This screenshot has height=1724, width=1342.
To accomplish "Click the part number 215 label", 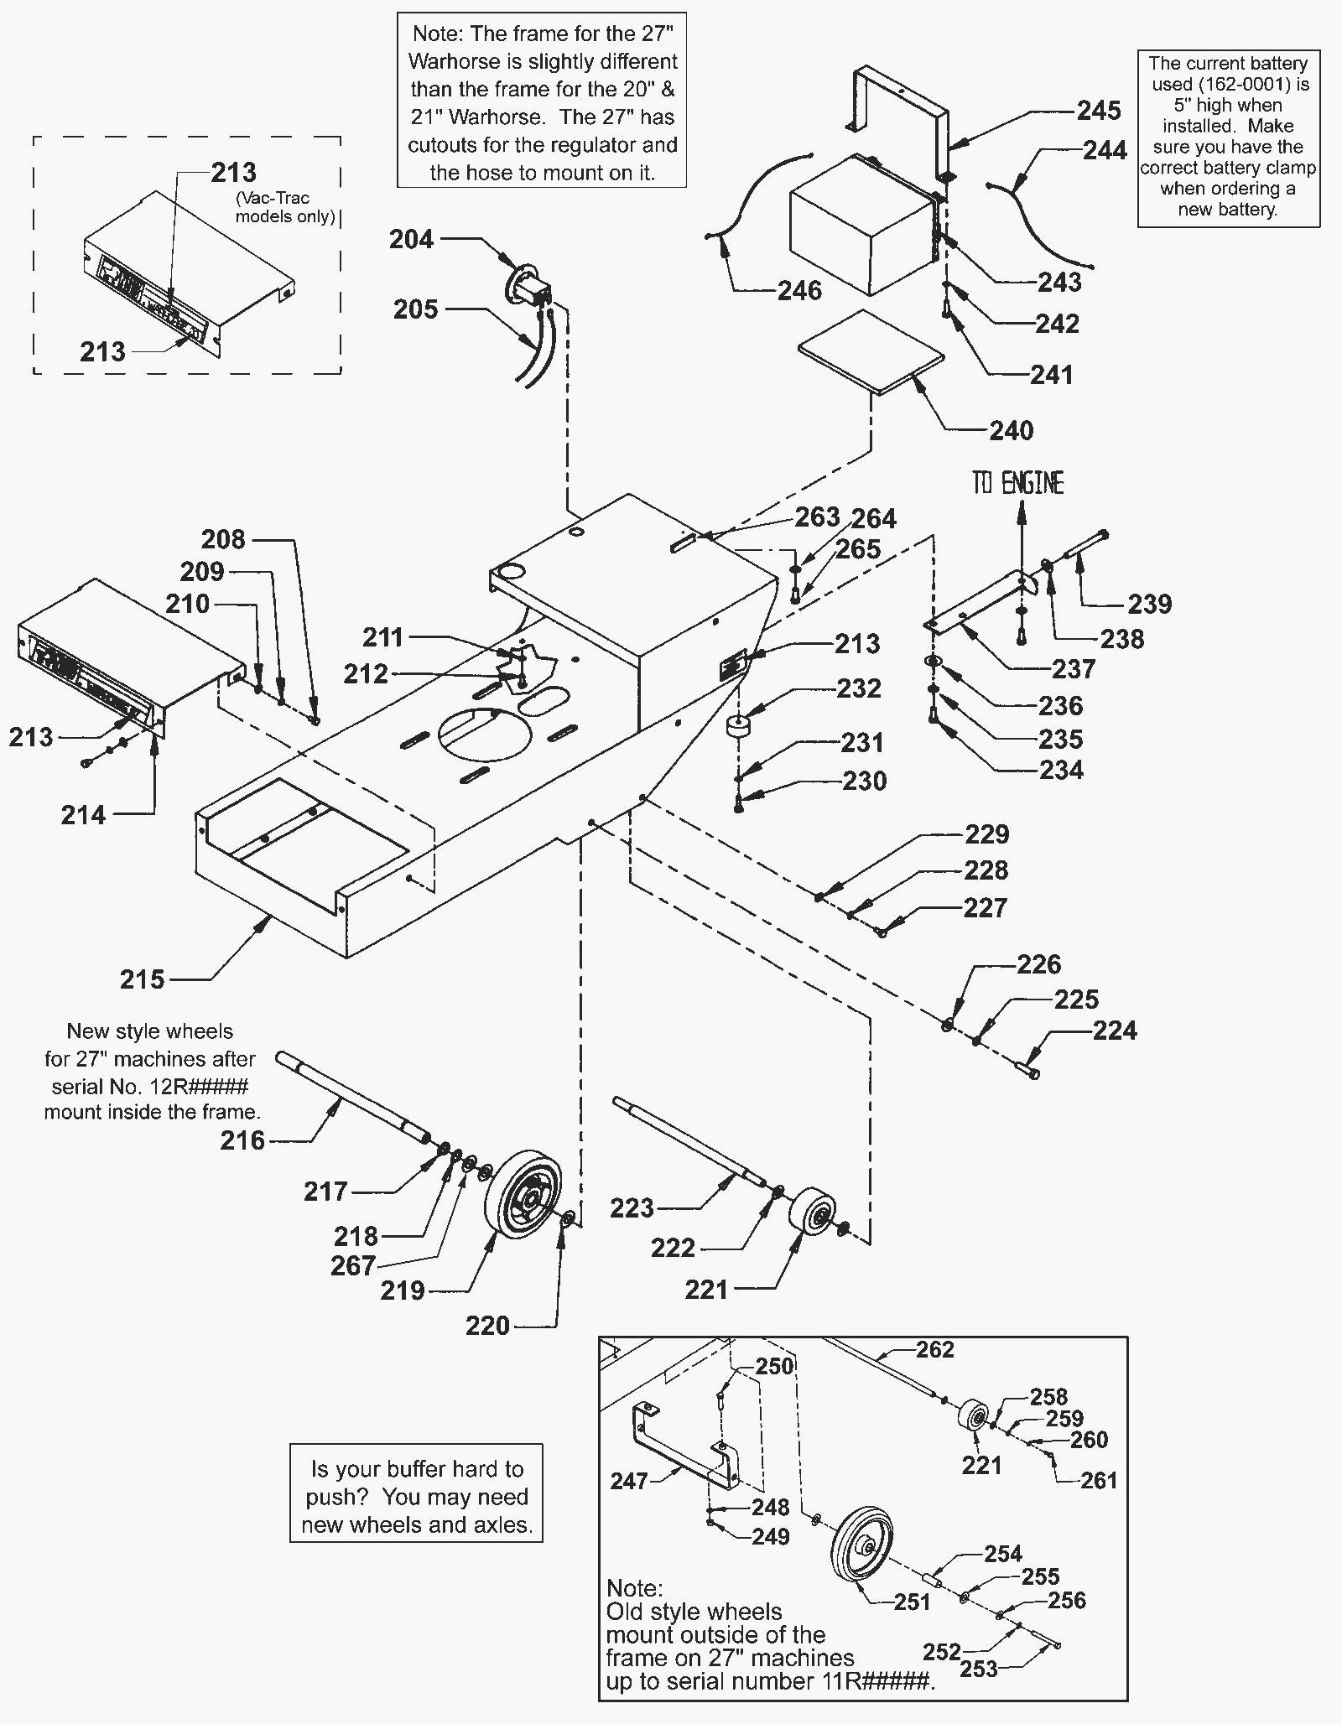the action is pyautogui.click(x=143, y=979).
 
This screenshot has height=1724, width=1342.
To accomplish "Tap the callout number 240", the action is pyautogui.click(x=1012, y=431).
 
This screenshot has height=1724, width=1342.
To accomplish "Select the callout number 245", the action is pyautogui.click(x=1099, y=110).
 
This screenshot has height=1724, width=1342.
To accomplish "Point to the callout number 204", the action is pyautogui.click(x=412, y=240).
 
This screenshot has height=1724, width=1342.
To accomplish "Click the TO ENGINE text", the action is pyautogui.click(x=1019, y=483).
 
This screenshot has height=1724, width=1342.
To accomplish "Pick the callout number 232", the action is pyautogui.click(x=859, y=688).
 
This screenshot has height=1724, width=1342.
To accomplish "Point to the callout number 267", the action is pyautogui.click(x=353, y=1266).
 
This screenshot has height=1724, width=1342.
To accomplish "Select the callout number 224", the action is pyautogui.click(x=1115, y=1031).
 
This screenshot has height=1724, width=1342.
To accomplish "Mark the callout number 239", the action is pyautogui.click(x=1149, y=604).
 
